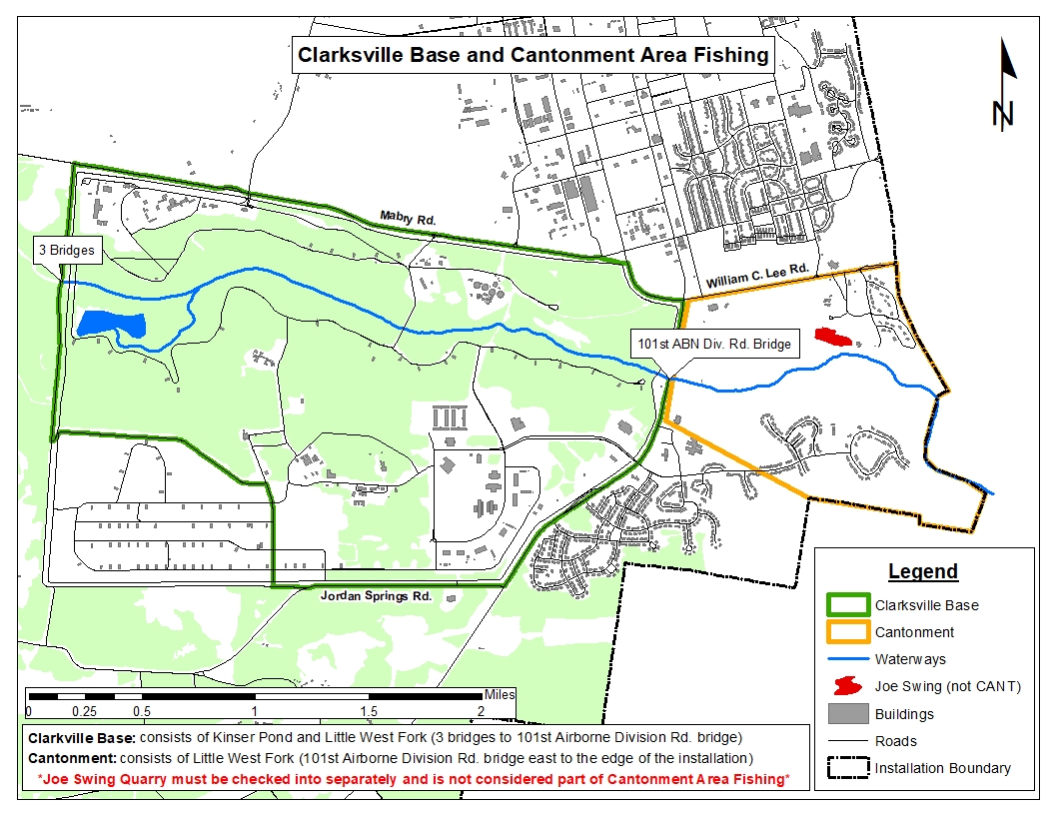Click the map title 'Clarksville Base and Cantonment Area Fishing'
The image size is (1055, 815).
(x=534, y=54)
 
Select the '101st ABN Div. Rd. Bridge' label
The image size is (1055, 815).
(x=714, y=344)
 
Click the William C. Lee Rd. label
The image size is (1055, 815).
(x=756, y=277)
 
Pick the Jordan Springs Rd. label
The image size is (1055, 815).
(x=376, y=596)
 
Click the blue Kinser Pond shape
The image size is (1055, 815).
(x=109, y=324)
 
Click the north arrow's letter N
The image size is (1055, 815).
(x=1003, y=113)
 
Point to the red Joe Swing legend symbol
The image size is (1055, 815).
(x=847, y=687)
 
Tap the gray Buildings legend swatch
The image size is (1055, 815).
(x=847, y=714)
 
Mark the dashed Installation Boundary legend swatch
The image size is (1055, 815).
(x=847, y=768)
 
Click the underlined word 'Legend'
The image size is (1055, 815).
(x=923, y=572)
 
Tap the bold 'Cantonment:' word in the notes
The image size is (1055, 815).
(x=68, y=758)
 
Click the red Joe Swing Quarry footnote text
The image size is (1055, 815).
(x=413, y=778)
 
